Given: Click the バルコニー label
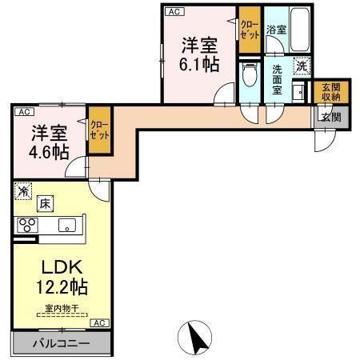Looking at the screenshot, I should tap(61, 345).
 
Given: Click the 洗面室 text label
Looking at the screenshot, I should tap(277, 79).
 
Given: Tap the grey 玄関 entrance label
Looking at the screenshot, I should tap(330, 116).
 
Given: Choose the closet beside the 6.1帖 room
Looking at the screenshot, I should tap(250, 30).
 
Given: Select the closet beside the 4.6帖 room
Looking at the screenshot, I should tap(99, 129).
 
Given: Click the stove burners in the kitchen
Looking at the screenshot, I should tap(27, 225).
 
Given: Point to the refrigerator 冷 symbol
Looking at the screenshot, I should tap(24, 192).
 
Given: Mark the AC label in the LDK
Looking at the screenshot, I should tap(98, 322).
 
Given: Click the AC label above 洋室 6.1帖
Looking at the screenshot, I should tap(173, 11).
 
